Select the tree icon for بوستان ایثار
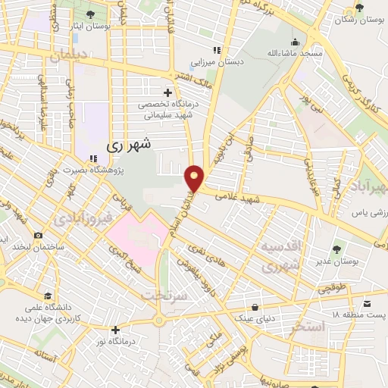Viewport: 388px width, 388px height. [91, 14]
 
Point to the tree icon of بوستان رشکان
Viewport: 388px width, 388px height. [359, 11]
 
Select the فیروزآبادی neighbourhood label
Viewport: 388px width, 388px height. [83, 220]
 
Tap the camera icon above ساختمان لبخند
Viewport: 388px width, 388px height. [39, 237]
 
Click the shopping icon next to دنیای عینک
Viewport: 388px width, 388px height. [255, 307]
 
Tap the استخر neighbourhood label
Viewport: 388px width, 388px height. [308, 327]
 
